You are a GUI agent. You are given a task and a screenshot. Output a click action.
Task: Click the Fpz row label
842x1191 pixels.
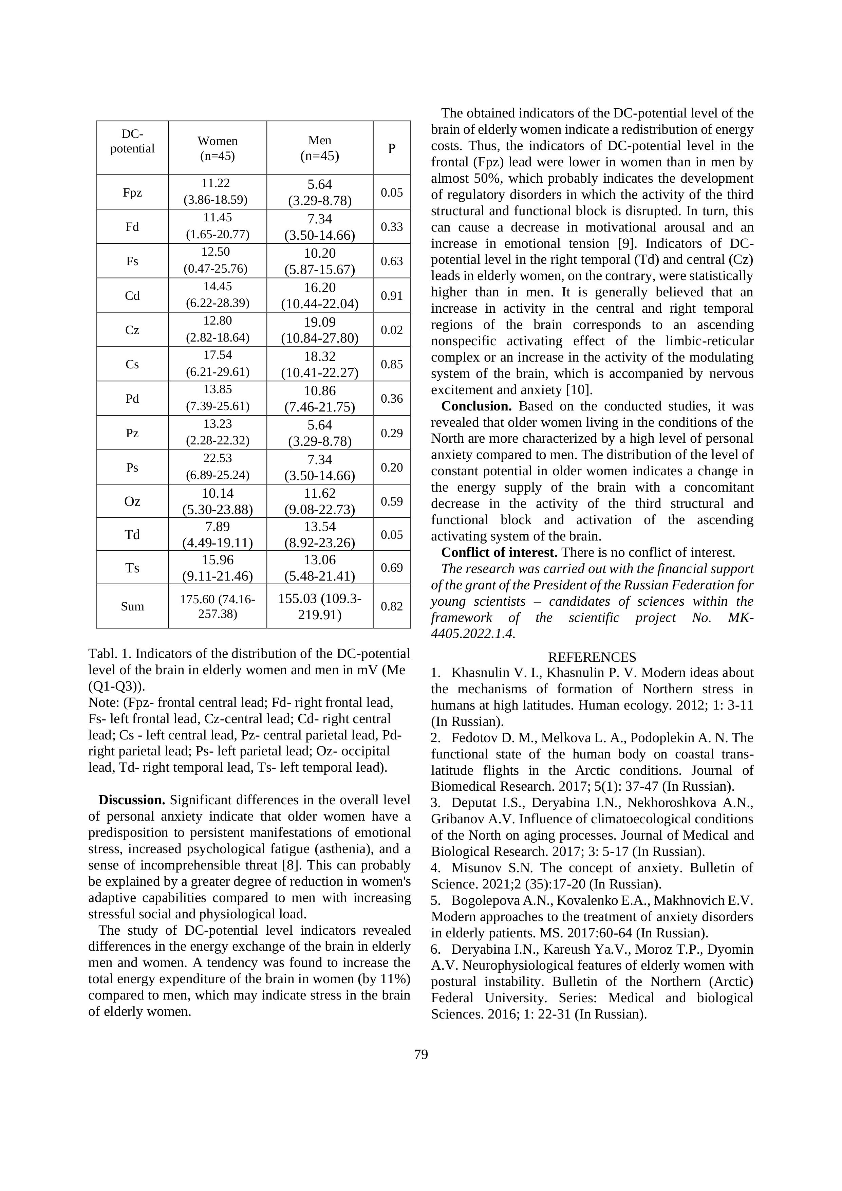pyautogui.click(x=132, y=193)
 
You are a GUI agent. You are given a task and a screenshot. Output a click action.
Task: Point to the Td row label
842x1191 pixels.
pyautogui.click(x=132, y=535)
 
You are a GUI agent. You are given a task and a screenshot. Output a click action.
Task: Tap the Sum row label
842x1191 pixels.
pyautogui.click(x=132, y=606)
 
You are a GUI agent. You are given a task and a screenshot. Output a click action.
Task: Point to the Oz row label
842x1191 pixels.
pyautogui.click(x=132, y=501)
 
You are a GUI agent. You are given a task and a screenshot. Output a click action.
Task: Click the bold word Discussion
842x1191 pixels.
pyautogui.click(x=132, y=801)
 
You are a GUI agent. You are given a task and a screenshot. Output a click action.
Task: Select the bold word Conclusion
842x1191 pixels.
pyautogui.click(x=476, y=406)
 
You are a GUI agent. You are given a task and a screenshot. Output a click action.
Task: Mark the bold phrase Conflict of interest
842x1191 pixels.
pyautogui.click(x=499, y=552)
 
